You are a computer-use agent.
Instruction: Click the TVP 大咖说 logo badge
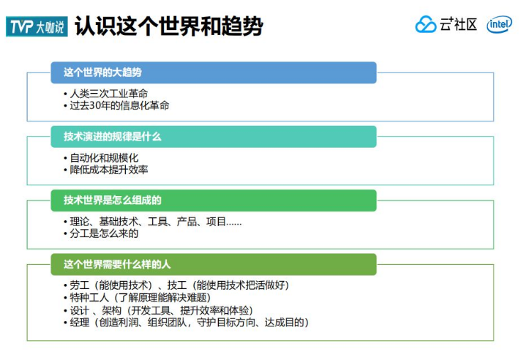click(37, 26)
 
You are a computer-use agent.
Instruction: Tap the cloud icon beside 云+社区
click(426, 25)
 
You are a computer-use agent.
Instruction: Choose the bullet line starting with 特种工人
click(140, 297)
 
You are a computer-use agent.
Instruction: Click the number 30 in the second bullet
click(96, 105)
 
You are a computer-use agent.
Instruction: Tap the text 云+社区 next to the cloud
click(459, 25)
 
